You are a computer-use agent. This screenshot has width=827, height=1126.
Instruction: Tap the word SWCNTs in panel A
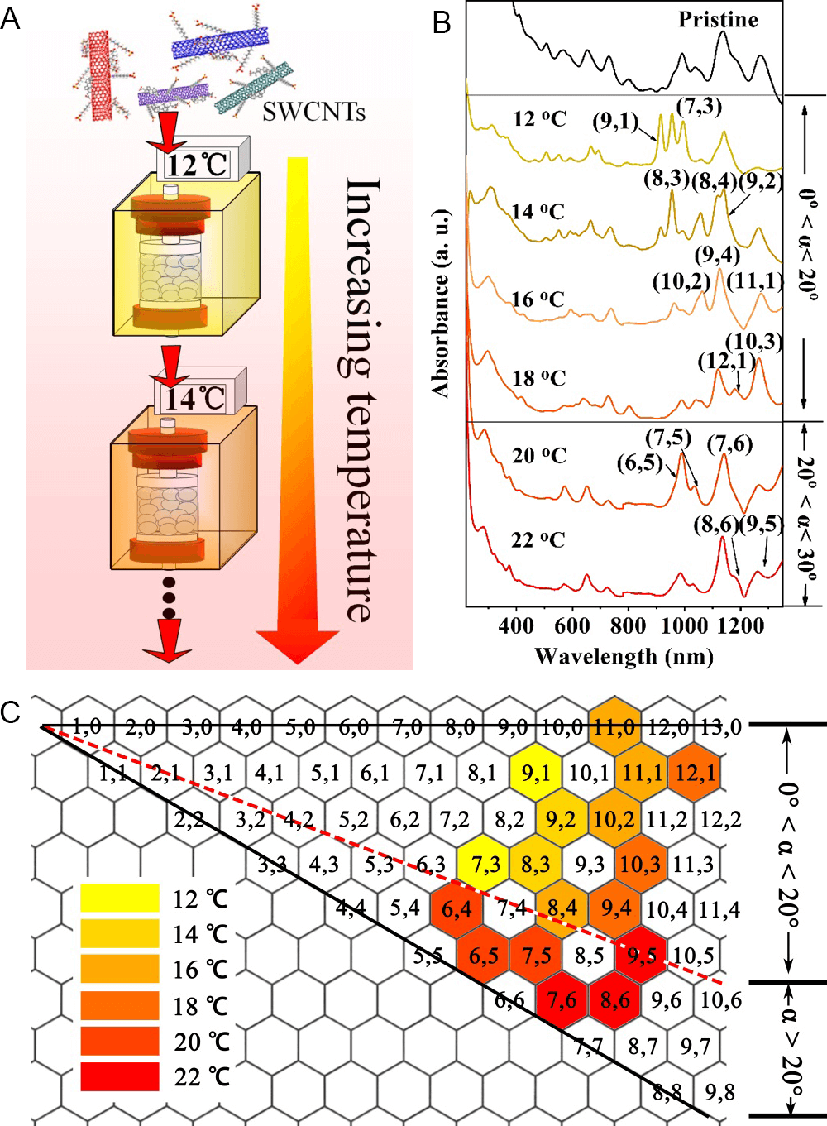coord(313,112)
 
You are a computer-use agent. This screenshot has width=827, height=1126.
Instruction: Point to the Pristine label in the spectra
coord(718,20)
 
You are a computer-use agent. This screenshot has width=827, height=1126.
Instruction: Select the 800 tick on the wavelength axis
coord(628,625)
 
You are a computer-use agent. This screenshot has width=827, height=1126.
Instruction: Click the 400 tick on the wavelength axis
coord(516,625)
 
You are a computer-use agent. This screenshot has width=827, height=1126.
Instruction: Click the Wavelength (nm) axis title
coord(624,657)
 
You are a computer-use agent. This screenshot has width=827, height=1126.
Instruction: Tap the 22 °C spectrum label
coord(538,540)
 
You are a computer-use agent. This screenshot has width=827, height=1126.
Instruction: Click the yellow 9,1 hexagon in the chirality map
coord(536,773)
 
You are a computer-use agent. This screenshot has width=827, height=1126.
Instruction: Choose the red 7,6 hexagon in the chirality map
coord(562,1000)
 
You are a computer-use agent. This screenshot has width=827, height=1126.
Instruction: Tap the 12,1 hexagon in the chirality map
coord(696,773)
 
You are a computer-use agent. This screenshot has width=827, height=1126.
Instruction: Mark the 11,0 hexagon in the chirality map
coord(615,726)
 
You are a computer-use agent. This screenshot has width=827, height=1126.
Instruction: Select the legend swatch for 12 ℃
coord(120,898)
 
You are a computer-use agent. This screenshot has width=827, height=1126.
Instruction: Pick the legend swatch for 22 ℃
coord(120,1076)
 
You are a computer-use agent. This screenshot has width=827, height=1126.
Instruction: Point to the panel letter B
coord(442,22)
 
